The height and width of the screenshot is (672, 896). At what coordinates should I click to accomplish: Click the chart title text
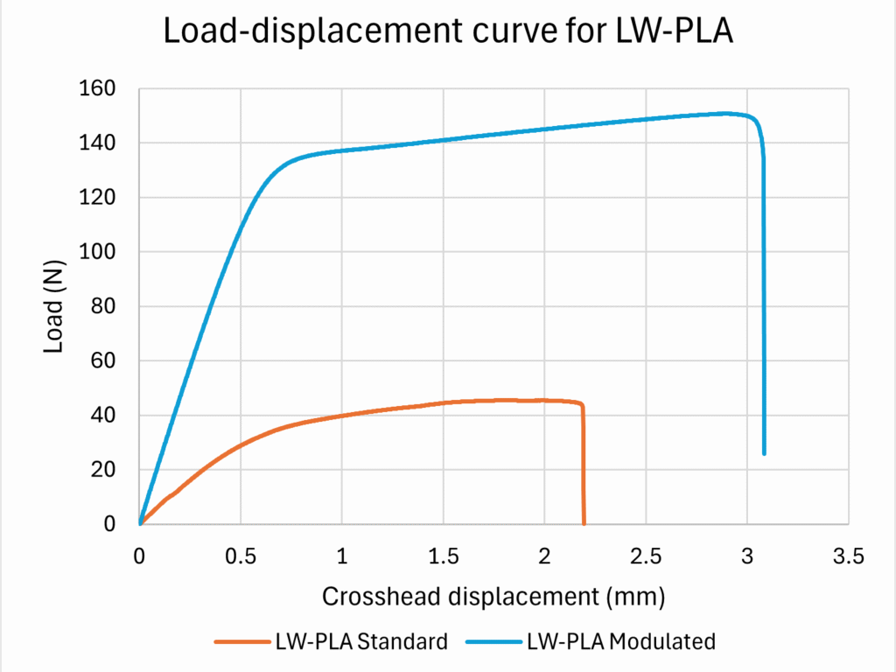(x=448, y=34)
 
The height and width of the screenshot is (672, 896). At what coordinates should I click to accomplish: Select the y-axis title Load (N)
(x=55, y=305)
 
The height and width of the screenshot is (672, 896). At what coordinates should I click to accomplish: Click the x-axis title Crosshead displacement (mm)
(x=493, y=597)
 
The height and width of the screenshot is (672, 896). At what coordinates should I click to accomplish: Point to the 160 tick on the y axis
(x=99, y=88)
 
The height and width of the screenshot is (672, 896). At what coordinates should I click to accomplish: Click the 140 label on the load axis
(x=99, y=143)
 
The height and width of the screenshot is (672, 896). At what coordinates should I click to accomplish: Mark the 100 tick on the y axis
(x=99, y=252)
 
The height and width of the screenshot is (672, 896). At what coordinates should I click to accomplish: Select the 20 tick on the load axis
(x=104, y=470)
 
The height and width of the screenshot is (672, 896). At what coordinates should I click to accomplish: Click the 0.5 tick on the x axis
(x=241, y=556)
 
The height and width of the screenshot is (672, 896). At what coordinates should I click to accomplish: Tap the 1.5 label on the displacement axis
(x=443, y=556)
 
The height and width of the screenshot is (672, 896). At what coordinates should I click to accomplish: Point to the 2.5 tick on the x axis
(x=645, y=556)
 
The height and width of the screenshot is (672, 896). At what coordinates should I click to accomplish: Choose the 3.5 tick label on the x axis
(x=847, y=556)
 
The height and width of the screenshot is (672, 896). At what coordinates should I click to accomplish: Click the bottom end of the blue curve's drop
(x=765, y=453)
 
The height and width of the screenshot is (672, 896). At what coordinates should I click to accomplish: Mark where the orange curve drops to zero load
(x=584, y=523)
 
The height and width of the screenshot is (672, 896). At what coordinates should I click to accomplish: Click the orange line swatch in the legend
(x=241, y=641)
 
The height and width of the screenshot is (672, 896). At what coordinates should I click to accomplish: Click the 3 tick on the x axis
(x=746, y=556)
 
